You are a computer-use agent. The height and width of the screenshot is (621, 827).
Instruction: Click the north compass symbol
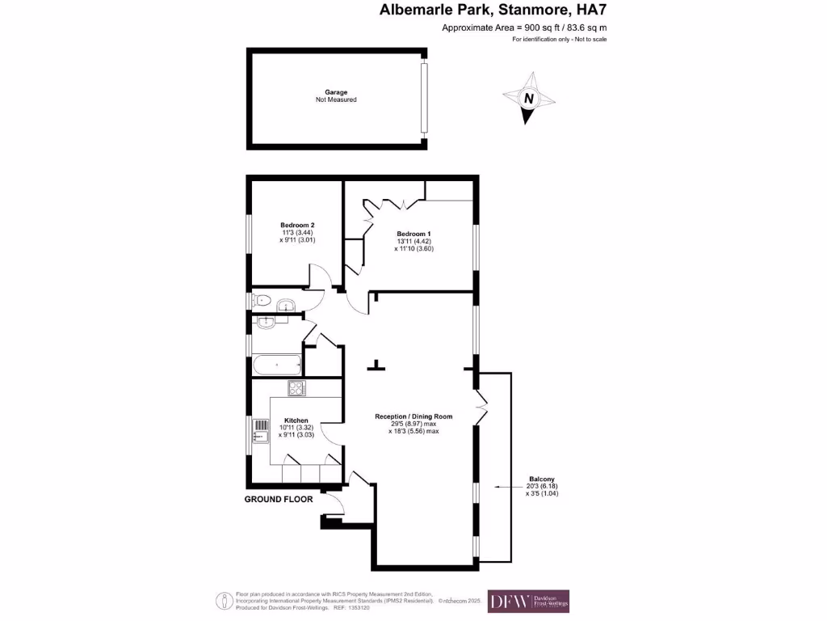coord(529,98)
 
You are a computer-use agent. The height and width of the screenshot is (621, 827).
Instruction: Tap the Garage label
coord(336,92)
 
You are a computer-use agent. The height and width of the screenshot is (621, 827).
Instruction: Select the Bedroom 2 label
coord(297,225)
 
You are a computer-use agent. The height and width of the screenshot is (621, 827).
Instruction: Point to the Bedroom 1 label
coord(413,234)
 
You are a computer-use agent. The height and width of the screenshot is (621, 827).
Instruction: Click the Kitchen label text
coord(296,420)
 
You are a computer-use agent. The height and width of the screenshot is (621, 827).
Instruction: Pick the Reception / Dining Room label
coord(413,416)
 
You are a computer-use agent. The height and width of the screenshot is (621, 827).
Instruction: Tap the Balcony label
coord(541,479)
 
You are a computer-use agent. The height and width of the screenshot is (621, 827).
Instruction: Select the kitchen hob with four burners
coord(296,388)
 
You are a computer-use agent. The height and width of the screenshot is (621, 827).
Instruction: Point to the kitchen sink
coord(261,436)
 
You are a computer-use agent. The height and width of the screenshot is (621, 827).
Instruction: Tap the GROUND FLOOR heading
coord(279,500)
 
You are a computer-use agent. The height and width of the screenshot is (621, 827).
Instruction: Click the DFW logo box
coord(528,601)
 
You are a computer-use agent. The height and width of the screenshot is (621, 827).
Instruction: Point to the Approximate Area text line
coord(524,27)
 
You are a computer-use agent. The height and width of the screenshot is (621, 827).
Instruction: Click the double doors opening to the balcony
coord(482,408)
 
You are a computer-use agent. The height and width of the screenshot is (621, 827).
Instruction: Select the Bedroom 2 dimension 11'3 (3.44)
coord(297,232)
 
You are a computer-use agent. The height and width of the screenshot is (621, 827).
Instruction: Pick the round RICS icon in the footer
coord(223,601)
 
